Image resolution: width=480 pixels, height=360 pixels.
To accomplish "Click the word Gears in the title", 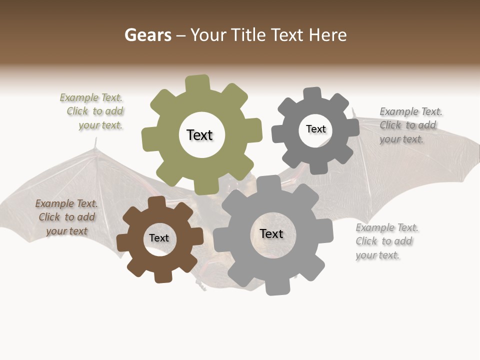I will coord(147,35).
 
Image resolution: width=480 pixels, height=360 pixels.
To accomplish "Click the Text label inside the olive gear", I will coord(199,135).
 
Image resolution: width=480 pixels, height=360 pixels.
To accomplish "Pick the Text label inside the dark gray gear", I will coord(315,129).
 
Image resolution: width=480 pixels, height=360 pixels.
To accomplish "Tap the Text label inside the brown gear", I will coord(158,238).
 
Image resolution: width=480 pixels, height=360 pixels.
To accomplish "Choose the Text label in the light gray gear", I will coord(271,233).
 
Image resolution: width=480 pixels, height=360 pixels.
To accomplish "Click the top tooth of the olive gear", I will coord(197,83).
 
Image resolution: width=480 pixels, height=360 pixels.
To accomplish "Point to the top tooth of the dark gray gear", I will coord(312,94).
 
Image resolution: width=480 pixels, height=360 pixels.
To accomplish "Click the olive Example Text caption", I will coord(93,111).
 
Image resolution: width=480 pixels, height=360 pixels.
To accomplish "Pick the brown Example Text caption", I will coord(66,217).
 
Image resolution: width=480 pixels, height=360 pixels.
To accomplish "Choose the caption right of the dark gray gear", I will coord(409,125).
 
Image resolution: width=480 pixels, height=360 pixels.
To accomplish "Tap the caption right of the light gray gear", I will coord(386,241).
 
